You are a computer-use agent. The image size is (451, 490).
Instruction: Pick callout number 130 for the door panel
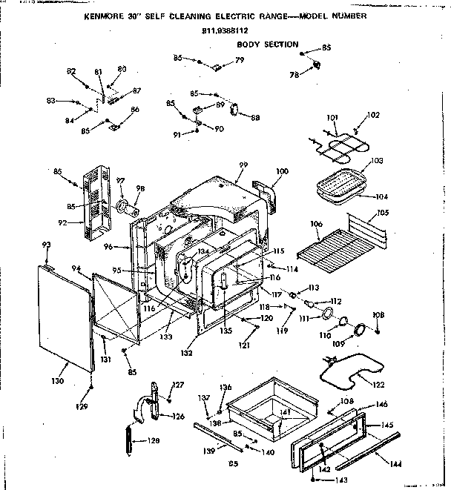[x=58, y=380]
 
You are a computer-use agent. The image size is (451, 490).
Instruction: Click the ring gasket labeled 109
[x=360, y=331]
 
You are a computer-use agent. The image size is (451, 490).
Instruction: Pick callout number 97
[x=113, y=180]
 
